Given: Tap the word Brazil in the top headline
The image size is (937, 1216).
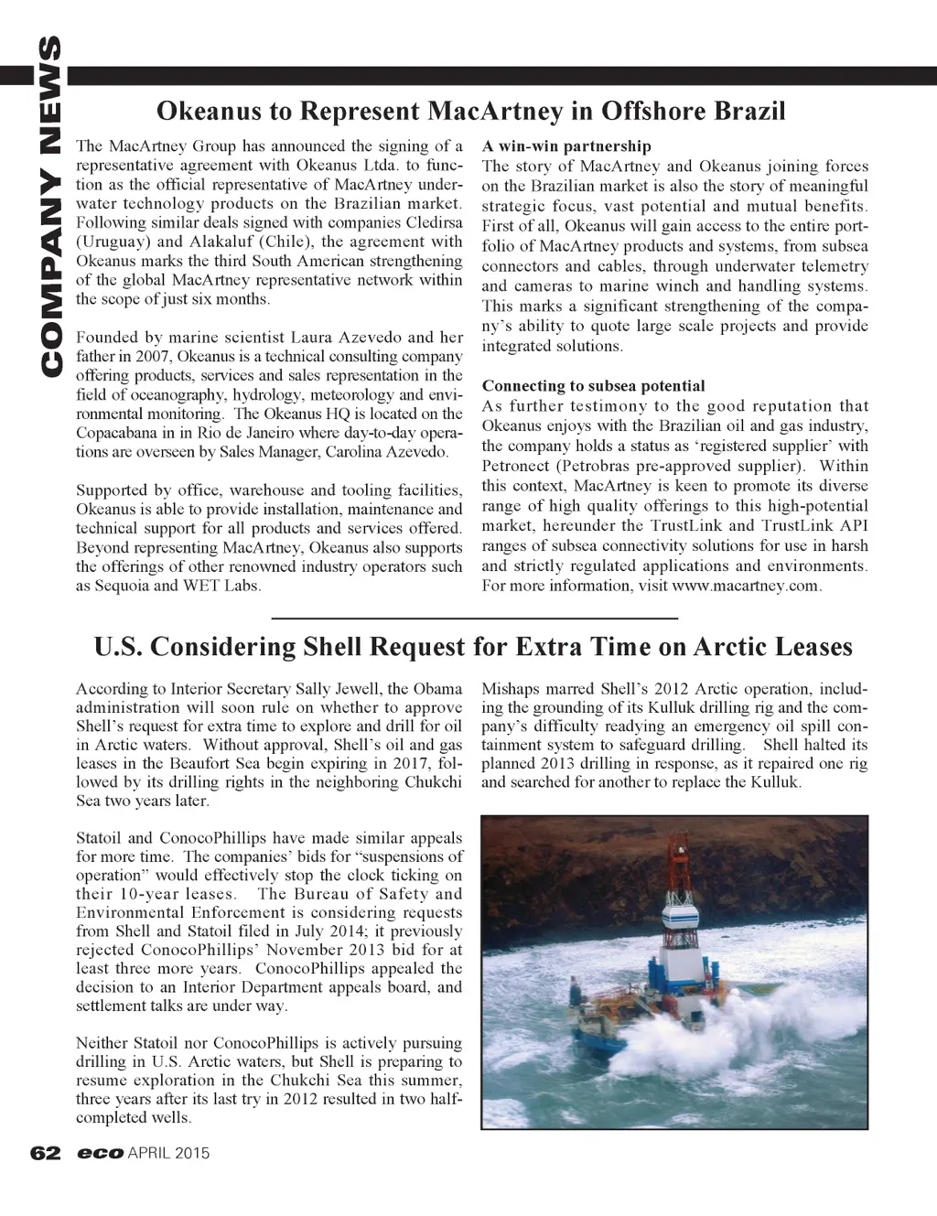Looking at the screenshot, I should click(x=749, y=112).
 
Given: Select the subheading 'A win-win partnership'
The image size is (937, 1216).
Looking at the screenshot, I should click(x=566, y=145).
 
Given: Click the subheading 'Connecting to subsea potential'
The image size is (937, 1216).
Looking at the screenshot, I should click(x=593, y=385).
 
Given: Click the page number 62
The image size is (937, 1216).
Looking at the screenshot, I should click(x=45, y=1153).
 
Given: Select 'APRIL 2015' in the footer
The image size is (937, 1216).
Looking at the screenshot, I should click(x=169, y=1153).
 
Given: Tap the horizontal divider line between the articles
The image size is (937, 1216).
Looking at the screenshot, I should click(x=475, y=619).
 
